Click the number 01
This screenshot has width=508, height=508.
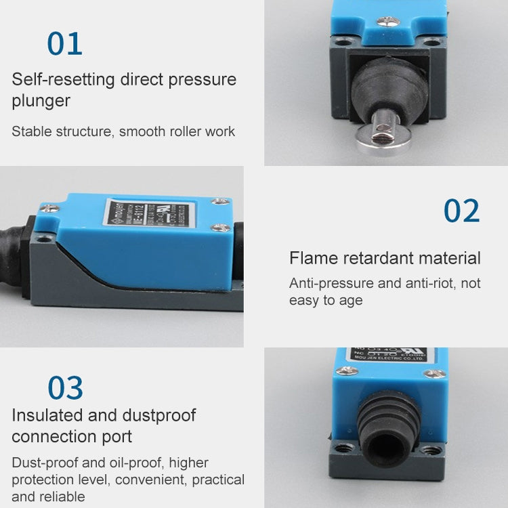pyautogui.click(x=65, y=44)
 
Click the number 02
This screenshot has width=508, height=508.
pyautogui.click(x=461, y=211)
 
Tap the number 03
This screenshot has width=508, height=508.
pyautogui.click(x=65, y=389)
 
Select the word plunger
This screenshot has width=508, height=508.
pyautogui.click(x=41, y=102)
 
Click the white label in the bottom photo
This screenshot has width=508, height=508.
pyautogui.click(x=390, y=354)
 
